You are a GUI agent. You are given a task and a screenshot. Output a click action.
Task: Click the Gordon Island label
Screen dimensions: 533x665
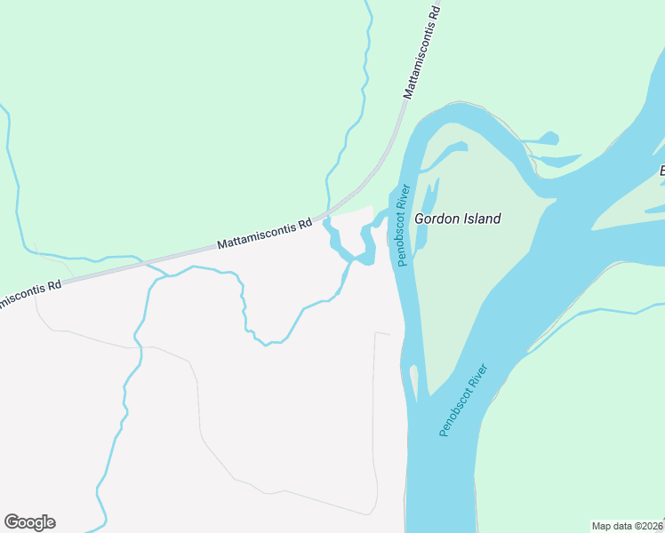coord(458,219)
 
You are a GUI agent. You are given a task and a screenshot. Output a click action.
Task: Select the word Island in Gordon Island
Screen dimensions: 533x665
coord(485,219)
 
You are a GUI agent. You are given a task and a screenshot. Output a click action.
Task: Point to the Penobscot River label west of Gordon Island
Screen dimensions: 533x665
coord(403,225)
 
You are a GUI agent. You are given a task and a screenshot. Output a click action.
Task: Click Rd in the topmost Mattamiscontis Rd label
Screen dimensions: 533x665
coord(435,13)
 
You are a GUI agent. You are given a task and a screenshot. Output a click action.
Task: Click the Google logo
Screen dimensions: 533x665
coord(29,522)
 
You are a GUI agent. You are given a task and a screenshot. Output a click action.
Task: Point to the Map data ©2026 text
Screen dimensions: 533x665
coord(628,525)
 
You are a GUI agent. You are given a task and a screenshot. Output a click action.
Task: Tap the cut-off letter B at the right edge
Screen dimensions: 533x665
coord(661,171)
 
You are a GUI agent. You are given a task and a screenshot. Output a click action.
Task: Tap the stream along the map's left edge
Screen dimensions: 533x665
coord(12,178)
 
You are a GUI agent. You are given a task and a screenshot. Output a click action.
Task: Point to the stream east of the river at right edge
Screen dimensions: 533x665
coord(613,311)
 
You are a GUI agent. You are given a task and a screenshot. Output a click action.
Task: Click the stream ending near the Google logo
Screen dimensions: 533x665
coord(116,444)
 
